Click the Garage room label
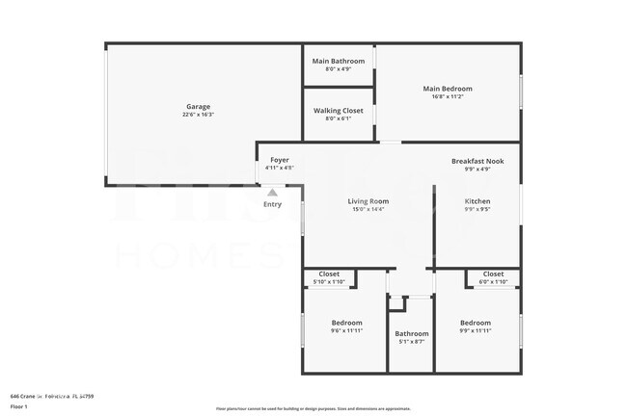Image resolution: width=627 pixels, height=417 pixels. coord(198,106)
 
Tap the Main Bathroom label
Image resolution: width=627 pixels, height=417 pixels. coord(339,61)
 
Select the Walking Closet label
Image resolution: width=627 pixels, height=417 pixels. coord(339,110)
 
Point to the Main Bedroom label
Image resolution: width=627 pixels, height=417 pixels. coord(448,89)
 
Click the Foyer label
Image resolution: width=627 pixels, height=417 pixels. coord(280,159)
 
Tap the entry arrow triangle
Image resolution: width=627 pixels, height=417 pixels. coord(273,192)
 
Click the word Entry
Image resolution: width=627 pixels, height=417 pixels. coord(273,203)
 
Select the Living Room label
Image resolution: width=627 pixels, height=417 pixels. coord(368,200)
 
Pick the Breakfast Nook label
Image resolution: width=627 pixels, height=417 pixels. coord(478,160)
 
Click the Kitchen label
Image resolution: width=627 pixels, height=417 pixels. coord(478,200)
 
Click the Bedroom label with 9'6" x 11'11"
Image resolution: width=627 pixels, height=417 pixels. coord(346,323)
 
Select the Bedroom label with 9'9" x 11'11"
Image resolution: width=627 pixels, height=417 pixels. coord(476,323)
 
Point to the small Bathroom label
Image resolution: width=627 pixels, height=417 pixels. coord(411,333)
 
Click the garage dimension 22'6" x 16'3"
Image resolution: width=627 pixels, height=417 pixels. coord(198,115)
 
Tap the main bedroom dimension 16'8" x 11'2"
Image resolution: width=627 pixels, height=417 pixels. coord(448,97)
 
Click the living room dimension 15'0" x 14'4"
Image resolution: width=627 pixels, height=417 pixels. coord(368,209)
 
